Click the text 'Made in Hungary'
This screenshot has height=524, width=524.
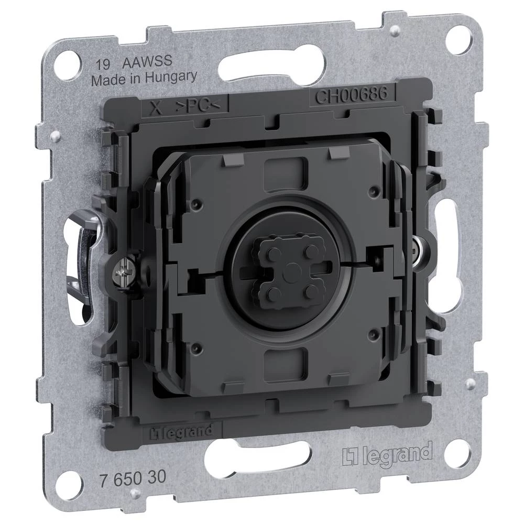[x=144, y=77]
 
